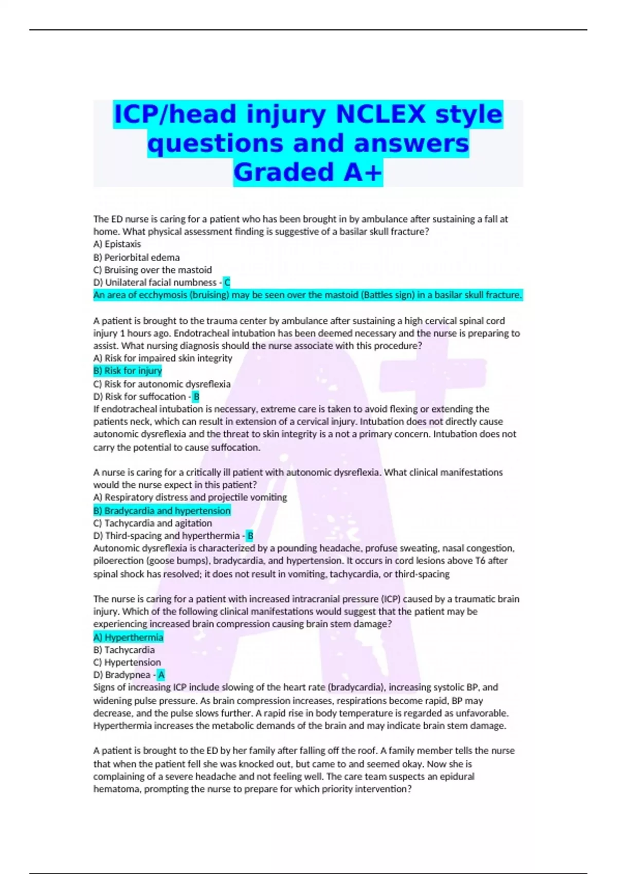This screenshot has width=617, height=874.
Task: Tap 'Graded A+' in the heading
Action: (308, 173)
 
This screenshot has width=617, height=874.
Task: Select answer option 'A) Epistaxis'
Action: (117, 244)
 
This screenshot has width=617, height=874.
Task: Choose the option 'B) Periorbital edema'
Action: (136, 257)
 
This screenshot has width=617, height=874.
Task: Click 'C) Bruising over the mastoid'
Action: (152, 270)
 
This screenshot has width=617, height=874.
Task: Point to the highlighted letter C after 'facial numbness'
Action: (227, 282)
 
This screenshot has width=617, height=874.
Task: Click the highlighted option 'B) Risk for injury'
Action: (128, 371)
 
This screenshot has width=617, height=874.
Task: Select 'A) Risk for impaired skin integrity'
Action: (162, 358)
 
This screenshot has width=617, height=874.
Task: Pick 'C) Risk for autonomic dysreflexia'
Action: (161, 384)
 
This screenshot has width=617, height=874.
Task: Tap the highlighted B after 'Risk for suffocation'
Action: (196, 396)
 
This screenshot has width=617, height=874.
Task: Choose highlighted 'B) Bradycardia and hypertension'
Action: (162, 511)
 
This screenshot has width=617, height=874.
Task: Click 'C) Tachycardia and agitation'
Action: (152, 523)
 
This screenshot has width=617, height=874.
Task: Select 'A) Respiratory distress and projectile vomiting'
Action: (190, 498)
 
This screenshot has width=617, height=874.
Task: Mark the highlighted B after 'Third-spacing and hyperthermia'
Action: (250, 536)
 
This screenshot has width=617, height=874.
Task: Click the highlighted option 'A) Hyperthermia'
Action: (128, 638)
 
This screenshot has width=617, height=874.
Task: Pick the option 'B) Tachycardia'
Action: (124, 650)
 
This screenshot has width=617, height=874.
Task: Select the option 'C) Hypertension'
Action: (127, 663)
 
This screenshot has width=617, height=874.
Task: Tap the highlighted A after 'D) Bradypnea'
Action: (161, 675)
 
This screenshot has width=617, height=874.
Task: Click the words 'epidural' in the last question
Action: (457, 777)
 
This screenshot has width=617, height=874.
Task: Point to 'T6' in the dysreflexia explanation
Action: (480, 561)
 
